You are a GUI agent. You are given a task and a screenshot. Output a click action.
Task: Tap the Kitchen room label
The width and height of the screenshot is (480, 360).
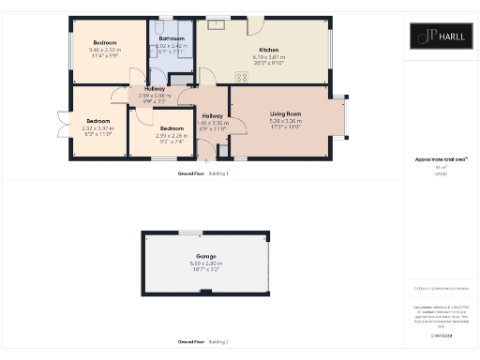[x=269, y=51]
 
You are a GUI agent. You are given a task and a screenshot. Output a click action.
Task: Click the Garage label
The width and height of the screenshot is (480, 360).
[x=206, y=256]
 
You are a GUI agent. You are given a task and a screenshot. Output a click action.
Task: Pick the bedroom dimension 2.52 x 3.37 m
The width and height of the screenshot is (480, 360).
[x=97, y=128]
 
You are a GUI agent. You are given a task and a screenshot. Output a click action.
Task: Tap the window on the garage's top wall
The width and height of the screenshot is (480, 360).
[x=190, y=232]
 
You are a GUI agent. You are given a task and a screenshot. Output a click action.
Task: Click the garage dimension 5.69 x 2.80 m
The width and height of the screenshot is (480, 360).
[x=206, y=262]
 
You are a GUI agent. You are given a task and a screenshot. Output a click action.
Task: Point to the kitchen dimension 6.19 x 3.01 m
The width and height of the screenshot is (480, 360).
[x=269, y=57]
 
